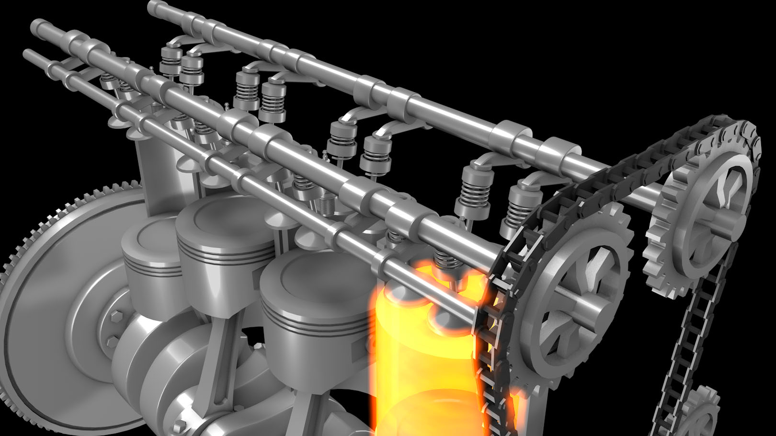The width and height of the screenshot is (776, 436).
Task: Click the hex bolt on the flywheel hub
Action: (115, 317)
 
